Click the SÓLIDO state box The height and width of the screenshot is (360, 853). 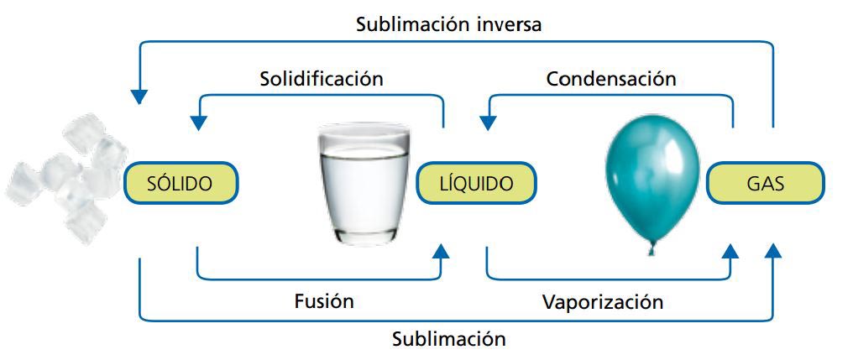click(181, 182)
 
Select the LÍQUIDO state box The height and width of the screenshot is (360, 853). click(476, 182)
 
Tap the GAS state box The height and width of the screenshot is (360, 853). click(765, 182)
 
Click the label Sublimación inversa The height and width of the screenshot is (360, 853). click(449, 23)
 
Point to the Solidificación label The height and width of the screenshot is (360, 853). click(321, 79)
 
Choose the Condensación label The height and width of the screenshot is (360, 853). click(611, 79)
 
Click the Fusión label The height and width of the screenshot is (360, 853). click(324, 300)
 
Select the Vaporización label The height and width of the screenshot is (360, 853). click(603, 301)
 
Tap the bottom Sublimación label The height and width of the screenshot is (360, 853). click(449, 339)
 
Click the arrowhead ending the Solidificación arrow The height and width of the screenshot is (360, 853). click(199, 122)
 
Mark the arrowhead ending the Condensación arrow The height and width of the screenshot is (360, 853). click(488, 122)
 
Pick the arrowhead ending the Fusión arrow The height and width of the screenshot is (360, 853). click(442, 250)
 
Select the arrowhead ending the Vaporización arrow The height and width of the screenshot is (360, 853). click(731, 250)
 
